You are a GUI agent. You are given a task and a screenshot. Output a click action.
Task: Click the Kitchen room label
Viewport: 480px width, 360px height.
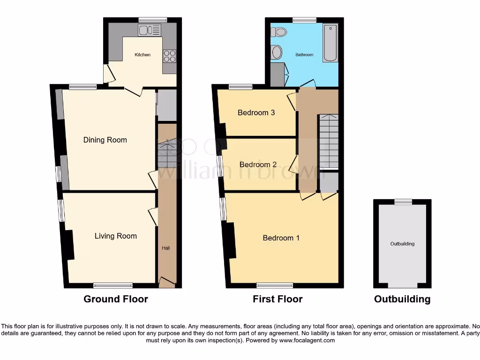click(142, 55)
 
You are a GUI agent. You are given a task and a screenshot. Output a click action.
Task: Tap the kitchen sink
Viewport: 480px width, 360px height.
click(149, 30)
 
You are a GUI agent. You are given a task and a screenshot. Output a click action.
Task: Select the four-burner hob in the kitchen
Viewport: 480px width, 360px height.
click(169, 56)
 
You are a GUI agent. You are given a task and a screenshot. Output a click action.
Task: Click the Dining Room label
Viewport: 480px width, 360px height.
click(105, 140)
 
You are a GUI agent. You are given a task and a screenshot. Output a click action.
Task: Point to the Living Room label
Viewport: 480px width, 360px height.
click(116, 236)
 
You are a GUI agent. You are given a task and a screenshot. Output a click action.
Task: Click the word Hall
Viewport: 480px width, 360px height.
click(166, 247)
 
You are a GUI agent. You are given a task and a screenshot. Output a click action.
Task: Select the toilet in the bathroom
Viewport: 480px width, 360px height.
click(280, 32)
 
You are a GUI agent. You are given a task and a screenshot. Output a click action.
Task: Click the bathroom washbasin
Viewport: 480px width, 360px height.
click(277, 52)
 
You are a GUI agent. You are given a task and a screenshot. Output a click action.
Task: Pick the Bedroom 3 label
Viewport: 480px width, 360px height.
click(256, 112)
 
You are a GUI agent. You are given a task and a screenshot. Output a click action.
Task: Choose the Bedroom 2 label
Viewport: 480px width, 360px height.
click(258, 165)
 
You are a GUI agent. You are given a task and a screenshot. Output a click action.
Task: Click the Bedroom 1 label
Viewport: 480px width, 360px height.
click(281, 238)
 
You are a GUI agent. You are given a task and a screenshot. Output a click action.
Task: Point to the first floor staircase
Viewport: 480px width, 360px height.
click(328, 141)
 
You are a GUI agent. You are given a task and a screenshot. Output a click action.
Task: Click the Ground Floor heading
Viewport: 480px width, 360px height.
click(115, 299)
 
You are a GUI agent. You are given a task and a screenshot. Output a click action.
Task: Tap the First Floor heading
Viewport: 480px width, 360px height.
click(277, 299)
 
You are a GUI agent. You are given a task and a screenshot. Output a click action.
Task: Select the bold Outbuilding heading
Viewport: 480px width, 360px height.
click(402, 299)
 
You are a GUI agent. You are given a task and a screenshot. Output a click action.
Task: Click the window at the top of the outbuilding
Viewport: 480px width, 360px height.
click(403, 202)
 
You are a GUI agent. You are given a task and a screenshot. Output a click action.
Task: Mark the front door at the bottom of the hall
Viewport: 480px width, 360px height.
click(167, 282)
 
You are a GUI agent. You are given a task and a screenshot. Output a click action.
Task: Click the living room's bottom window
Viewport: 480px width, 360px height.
click(112, 285)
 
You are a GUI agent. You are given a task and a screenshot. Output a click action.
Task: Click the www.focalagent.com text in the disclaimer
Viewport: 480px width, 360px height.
click(307, 340)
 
